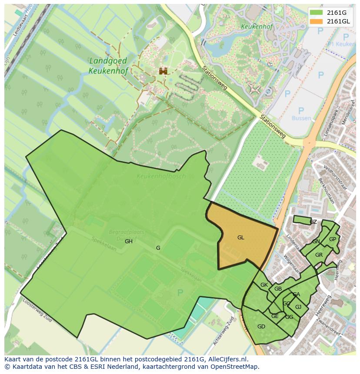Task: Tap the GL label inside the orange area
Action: (240, 238)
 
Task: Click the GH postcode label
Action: (129, 242)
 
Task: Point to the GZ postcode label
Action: (313, 222)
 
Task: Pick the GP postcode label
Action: (333, 239)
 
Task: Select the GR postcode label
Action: (319, 255)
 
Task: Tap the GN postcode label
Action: (316, 242)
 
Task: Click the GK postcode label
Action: (264, 285)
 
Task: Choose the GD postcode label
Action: (261, 327)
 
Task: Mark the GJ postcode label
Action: (298, 307)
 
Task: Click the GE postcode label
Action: (275, 316)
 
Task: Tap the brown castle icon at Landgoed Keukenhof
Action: (163, 71)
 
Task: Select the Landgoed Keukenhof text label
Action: (108, 66)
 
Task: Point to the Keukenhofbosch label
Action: (161, 176)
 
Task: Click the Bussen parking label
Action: (301, 118)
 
